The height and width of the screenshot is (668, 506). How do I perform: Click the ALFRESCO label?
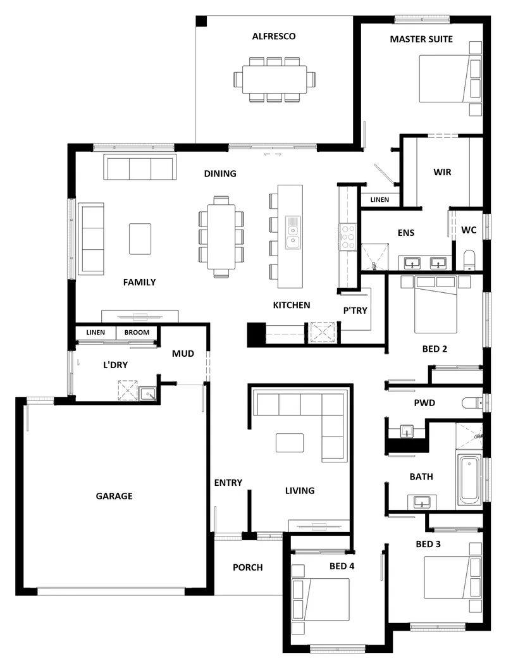273,36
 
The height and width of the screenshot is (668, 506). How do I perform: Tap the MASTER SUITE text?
421,39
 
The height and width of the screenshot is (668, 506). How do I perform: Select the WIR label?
442,172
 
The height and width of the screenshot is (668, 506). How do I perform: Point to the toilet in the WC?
469,260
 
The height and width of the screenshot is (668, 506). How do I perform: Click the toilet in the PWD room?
472,402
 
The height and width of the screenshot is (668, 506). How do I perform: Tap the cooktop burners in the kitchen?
348,237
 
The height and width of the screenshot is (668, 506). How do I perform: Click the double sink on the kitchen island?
293,232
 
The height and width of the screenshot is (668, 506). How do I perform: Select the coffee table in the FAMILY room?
140,239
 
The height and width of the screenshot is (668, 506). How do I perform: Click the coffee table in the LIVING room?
290,443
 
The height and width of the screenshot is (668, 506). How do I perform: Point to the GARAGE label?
114,496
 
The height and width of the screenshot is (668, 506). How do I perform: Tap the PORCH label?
247,567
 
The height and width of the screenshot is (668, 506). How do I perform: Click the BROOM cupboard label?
137,332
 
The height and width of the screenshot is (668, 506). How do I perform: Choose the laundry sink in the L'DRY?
148,393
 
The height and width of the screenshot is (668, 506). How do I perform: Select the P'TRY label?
355,311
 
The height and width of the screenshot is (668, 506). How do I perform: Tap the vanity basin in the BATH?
422,502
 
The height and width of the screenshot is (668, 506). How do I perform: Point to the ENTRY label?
228,483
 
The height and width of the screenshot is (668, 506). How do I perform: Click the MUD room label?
183,354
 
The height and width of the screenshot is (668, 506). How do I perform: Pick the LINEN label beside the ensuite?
379,199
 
